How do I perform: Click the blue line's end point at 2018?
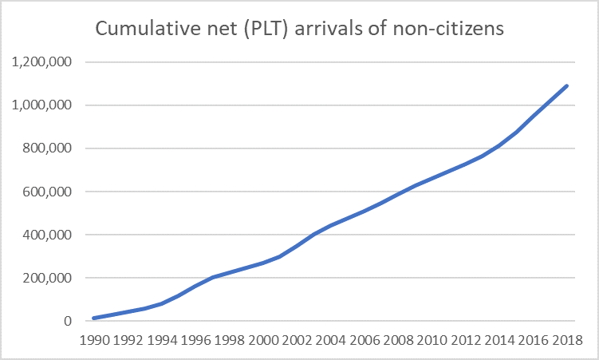click(x=567, y=85)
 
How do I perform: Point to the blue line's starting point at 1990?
click(x=94, y=318)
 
